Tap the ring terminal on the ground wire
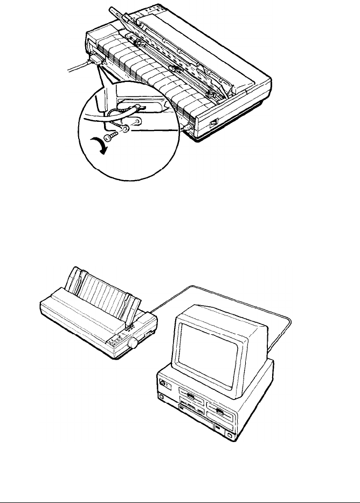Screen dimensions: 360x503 click(125, 129)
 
